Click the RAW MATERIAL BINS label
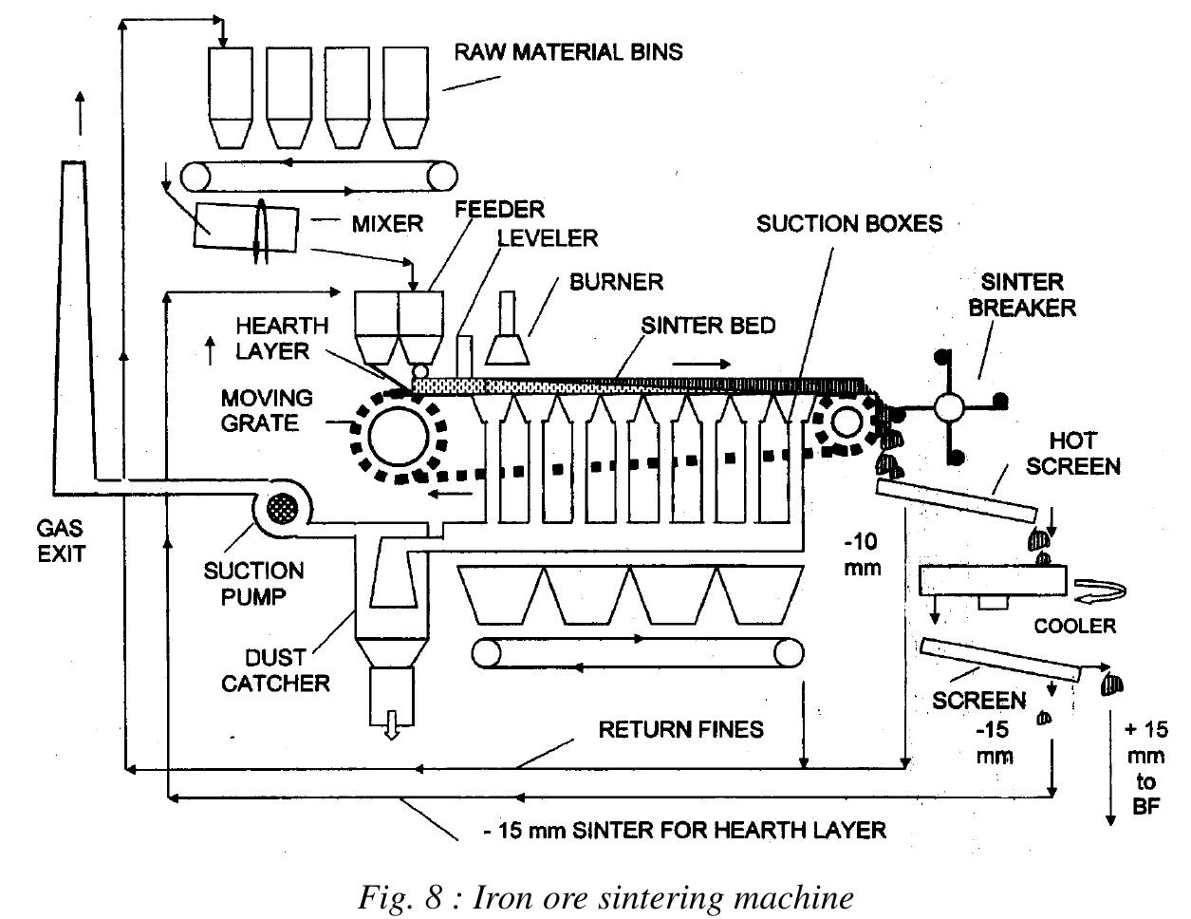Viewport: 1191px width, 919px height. pyautogui.click(x=568, y=51)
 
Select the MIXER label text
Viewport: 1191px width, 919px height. pyautogui.click(x=386, y=224)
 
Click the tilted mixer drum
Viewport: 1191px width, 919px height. pyautogui.click(x=245, y=227)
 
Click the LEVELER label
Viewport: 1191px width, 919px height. pyautogui.click(x=549, y=236)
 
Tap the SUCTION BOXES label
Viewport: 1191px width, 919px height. pyautogui.click(x=848, y=224)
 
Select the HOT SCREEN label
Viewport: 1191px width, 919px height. pyautogui.click(x=1073, y=453)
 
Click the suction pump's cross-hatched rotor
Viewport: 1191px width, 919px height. pyautogui.click(x=282, y=505)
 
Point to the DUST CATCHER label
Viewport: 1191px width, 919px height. pyautogui.click(x=275, y=669)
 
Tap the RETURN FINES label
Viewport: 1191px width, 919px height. pyautogui.click(x=680, y=729)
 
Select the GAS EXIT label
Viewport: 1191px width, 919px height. pyautogui.click(x=62, y=539)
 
